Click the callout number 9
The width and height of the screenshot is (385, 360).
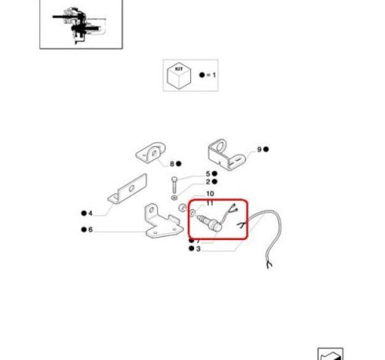pyautogui.click(x=259, y=149)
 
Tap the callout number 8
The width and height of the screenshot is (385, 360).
pyautogui.click(x=172, y=164)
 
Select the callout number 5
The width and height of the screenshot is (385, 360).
pyautogui.click(x=208, y=174)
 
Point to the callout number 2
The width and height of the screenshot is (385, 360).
pyautogui.click(x=208, y=182)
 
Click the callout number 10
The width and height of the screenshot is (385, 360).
pyautogui.click(x=210, y=194)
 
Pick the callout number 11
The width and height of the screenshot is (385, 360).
pyautogui.click(x=210, y=203)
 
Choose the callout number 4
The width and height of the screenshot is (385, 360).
pyautogui.click(x=90, y=214)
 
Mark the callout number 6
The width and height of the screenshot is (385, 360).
pyautogui.click(x=91, y=230)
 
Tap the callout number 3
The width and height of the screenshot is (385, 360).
pyautogui.click(x=198, y=249)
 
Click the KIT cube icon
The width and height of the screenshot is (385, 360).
pyautogui.click(x=179, y=76)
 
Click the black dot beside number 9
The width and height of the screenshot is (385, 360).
pyautogui.click(x=266, y=149)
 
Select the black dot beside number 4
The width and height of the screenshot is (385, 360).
pyautogui.click(x=84, y=213)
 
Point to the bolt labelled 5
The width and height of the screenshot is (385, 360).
pyautogui.click(x=174, y=185)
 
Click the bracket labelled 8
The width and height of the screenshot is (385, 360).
pyautogui.click(x=150, y=153)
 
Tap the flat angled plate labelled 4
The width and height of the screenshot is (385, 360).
pyautogui.click(x=128, y=188)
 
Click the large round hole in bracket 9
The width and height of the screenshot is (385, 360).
pyautogui.click(x=221, y=146)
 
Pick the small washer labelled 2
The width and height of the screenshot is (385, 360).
pyautogui.click(x=174, y=198)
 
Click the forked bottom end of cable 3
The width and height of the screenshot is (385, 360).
pyautogui.click(x=269, y=265)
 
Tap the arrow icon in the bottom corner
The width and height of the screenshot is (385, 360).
pyautogui.click(x=330, y=354)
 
